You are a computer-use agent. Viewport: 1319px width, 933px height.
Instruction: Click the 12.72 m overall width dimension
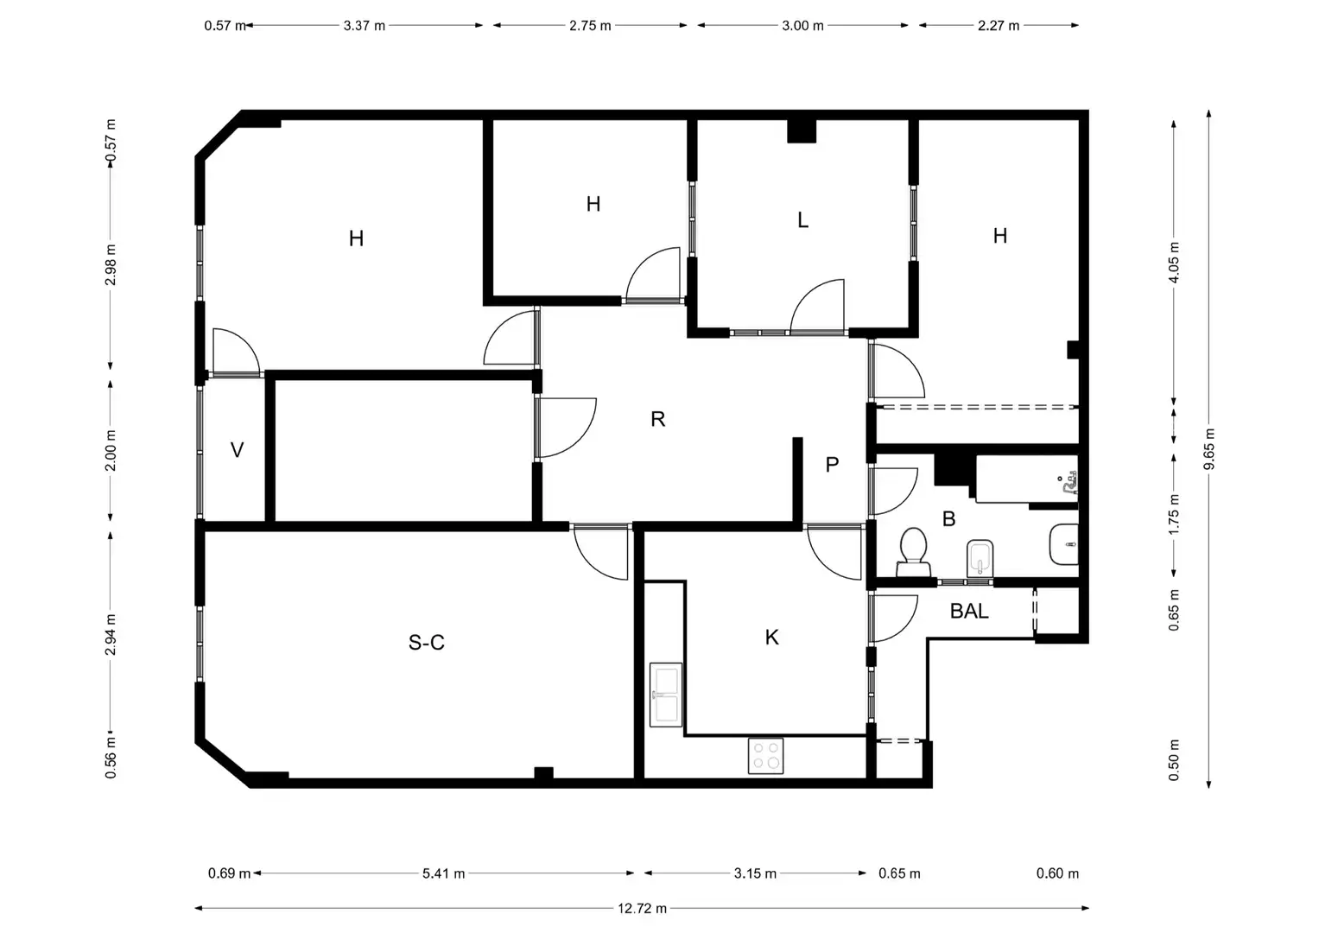642,908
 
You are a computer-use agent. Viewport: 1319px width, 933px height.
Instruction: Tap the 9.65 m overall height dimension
1209,449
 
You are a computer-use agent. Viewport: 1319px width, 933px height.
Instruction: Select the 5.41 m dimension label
443,873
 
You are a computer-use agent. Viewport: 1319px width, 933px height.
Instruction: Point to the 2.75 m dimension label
590,26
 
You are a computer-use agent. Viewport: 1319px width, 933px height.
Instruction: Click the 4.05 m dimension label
1174,263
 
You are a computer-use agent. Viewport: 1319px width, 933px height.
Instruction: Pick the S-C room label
427,642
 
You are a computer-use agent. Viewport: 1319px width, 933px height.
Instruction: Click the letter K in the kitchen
771,638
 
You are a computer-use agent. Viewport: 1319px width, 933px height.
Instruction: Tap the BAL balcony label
969,612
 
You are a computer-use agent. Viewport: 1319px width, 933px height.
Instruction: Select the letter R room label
657,419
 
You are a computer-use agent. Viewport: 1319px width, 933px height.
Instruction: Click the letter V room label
237,450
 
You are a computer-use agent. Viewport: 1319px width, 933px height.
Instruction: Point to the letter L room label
802,220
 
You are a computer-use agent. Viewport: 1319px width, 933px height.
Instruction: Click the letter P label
832,465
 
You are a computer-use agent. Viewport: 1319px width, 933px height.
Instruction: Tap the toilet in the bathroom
913,552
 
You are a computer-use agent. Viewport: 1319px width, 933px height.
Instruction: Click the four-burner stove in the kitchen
765,756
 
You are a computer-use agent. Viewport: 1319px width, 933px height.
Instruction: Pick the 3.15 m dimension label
755,873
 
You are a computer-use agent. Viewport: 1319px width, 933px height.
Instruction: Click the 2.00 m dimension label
111,451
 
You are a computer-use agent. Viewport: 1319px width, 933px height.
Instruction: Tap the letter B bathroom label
948,519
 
